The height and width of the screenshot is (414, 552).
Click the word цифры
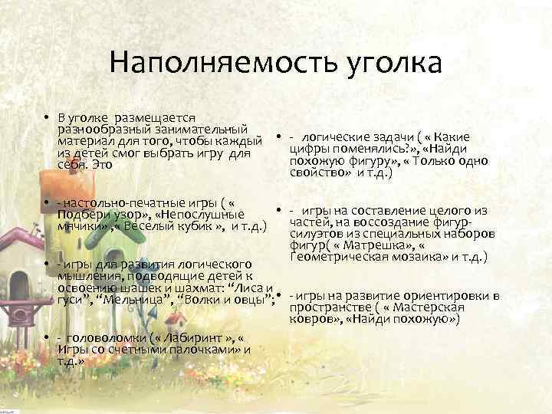coord(310,149)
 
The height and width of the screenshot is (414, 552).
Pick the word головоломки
coord(104,338)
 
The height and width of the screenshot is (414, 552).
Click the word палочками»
coord(192,350)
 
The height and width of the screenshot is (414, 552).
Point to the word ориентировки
coord(445,295)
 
